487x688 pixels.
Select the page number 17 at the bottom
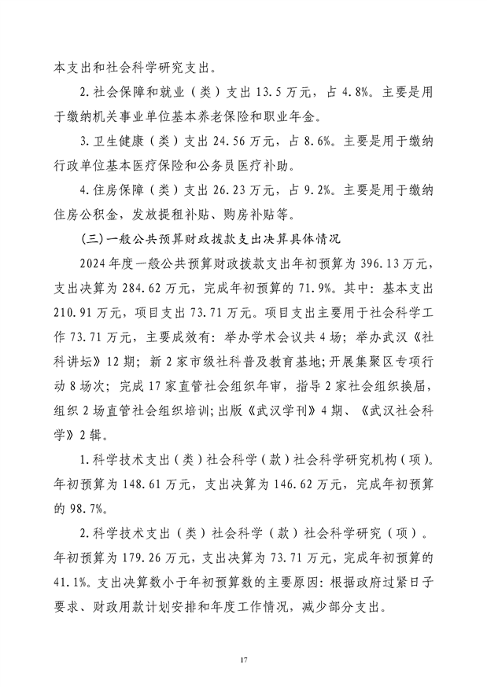click(244, 657)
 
